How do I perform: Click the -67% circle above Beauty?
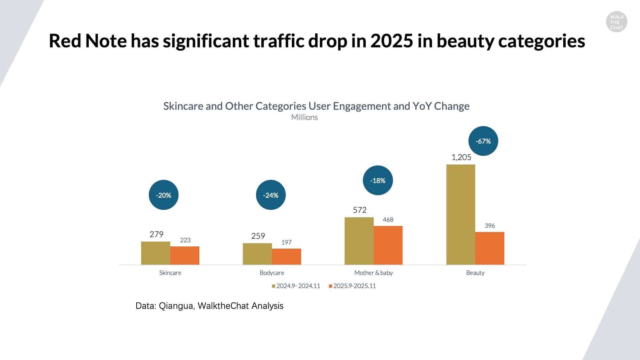pyautogui.click(x=483, y=141)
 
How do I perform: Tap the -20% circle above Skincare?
pyautogui.click(x=164, y=195)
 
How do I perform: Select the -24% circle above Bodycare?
pyautogui.click(x=271, y=195)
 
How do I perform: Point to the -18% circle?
pyautogui.click(x=378, y=180)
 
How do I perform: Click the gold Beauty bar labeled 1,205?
pyautogui.click(x=460, y=214)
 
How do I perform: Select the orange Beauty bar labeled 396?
pyautogui.click(x=490, y=248)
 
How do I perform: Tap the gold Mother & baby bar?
pyautogui.click(x=359, y=241)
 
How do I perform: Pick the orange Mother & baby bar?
pyautogui.click(x=388, y=245)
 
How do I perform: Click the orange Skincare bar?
pyautogui.click(x=185, y=255)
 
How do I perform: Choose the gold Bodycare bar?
pyautogui.click(x=257, y=254)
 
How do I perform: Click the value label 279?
pyautogui.click(x=156, y=235)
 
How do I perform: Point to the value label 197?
pyautogui.click(x=286, y=242)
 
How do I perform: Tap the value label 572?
pyautogui.click(x=360, y=210)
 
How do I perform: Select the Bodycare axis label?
pyautogui.click(x=272, y=273)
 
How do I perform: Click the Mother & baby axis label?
pyautogui.click(x=373, y=273)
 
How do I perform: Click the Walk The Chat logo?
pyautogui.click(x=617, y=22)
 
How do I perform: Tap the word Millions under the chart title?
pyautogui.click(x=304, y=117)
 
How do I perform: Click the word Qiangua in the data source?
pyautogui.click(x=176, y=306)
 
